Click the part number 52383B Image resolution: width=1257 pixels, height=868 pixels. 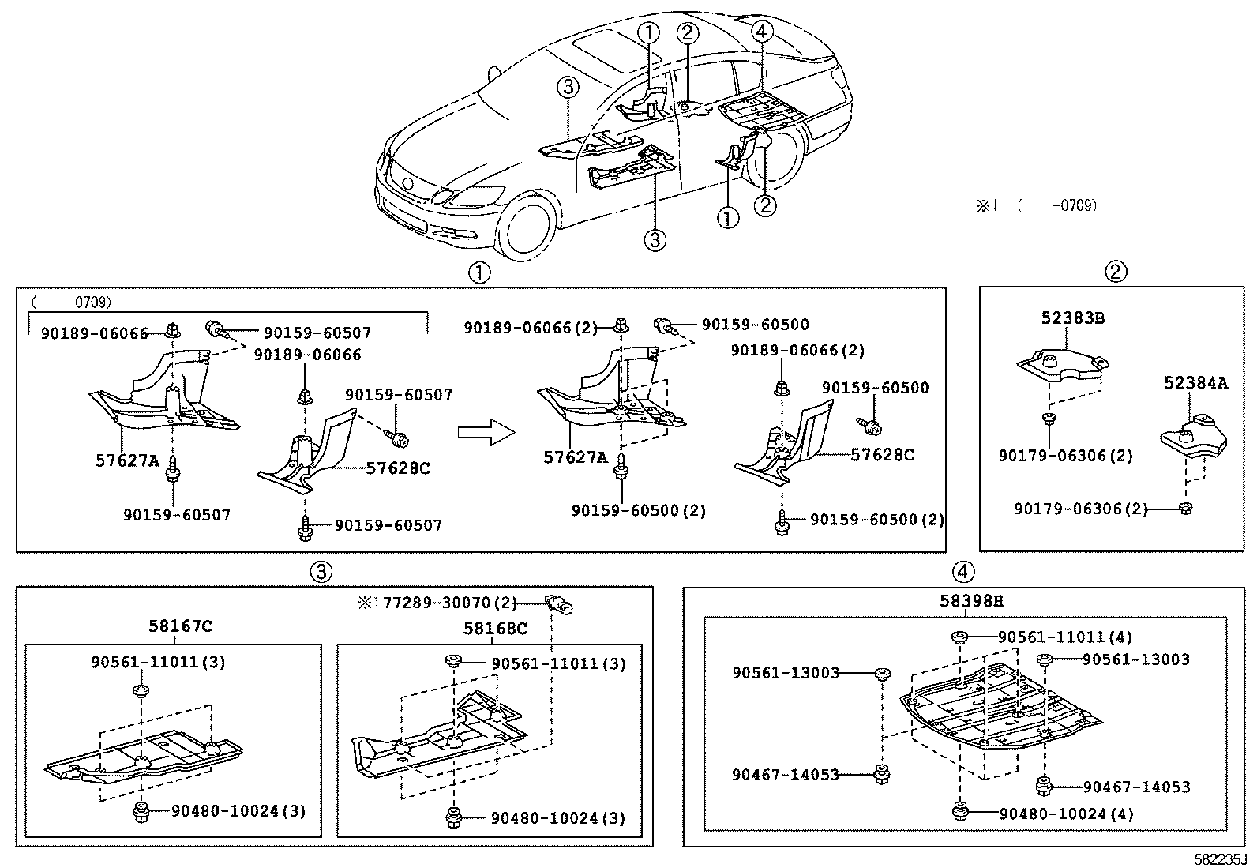1071,318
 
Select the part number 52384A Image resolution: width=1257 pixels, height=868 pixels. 1195,383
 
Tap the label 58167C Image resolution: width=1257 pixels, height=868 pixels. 180,626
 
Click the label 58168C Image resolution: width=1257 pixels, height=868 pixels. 494,628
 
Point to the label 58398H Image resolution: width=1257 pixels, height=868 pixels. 971,601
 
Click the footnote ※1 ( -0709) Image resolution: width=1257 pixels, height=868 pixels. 1037,205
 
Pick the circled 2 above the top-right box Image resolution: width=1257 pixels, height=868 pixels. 1115,272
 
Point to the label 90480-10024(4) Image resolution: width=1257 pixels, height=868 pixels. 1066,814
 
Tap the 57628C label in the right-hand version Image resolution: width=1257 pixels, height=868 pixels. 882,455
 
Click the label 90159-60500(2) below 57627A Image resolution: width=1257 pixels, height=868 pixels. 639,510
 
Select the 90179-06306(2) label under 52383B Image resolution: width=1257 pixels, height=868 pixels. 1065,456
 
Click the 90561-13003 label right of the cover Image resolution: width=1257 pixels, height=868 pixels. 1135,659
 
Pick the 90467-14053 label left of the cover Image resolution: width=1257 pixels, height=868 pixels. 785,775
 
